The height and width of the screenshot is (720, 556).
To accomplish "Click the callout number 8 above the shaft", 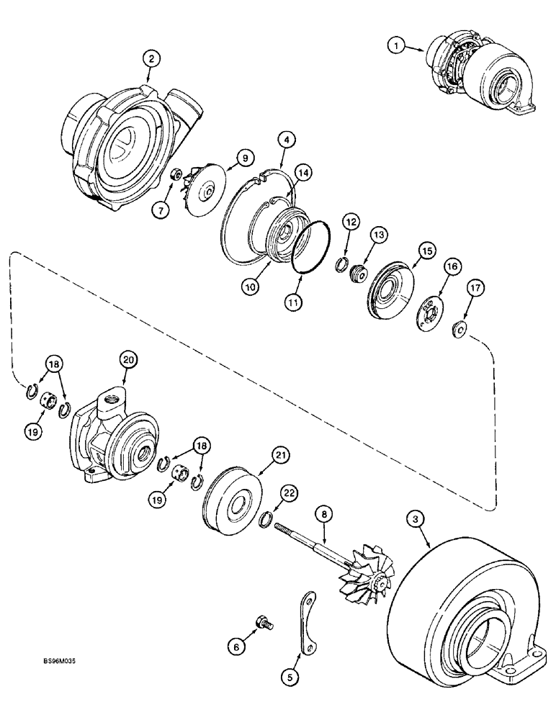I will click(x=324, y=516).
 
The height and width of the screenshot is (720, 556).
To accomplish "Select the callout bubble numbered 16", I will click(x=452, y=266).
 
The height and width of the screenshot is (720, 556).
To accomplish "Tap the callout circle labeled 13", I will click(x=379, y=235).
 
